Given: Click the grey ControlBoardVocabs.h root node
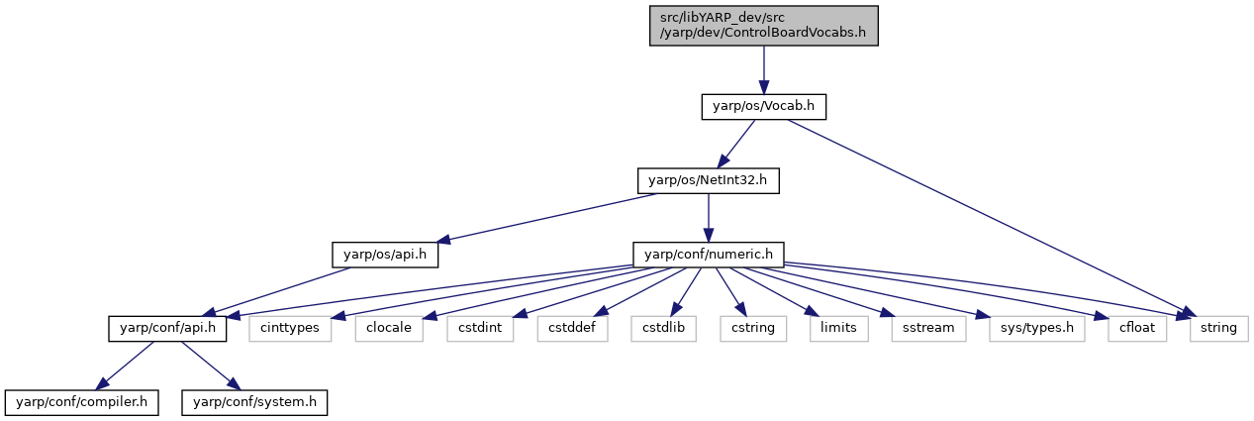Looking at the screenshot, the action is click(764, 26).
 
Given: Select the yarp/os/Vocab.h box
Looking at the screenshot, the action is click(764, 107).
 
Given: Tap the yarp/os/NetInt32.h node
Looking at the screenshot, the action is click(709, 181).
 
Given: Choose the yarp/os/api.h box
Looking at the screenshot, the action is click(385, 255).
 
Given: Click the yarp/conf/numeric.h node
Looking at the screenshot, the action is click(709, 255).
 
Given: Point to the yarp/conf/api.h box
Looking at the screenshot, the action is click(167, 329).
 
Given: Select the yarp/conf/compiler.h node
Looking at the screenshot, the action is click(82, 402).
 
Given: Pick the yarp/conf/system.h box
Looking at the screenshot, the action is click(254, 402).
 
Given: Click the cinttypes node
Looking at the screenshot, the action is click(290, 329).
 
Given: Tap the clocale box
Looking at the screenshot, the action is click(389, 329).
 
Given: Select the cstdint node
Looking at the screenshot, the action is click(480, 329).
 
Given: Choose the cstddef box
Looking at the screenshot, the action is click(573, 329).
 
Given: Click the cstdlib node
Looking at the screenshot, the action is click(664, 329).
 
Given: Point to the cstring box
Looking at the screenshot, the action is click(753, 329).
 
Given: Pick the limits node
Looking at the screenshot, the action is click(839, 329).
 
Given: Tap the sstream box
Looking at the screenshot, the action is click(928, 329).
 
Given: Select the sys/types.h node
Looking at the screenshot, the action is click(1037, 329).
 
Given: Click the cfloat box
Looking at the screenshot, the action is click(1137, 329).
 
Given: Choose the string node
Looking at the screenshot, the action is click(1219, 329).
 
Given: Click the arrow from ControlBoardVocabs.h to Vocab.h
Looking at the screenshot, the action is click(764, 70).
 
